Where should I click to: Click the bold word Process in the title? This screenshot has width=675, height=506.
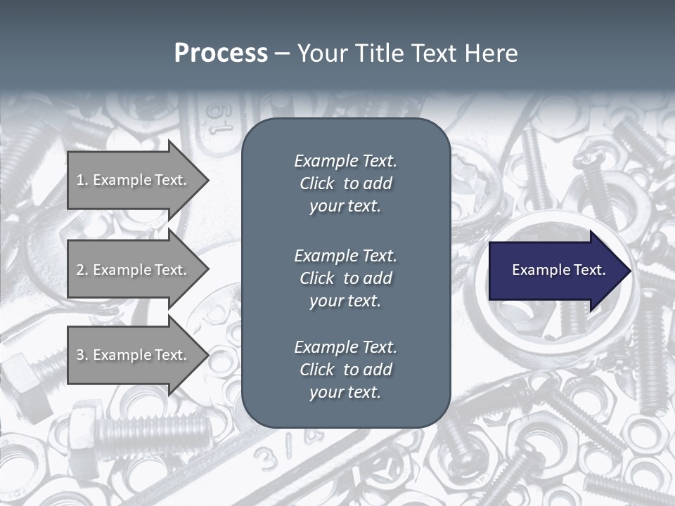click(221, 53)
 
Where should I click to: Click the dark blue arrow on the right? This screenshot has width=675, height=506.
click(555, 271)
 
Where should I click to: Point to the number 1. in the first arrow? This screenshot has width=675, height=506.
click(82, 180)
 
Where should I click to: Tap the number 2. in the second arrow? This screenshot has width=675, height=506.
click(82, 270)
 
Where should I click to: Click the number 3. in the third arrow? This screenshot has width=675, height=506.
click(82, 355)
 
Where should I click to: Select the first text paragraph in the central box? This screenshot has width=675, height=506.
click(345, 183)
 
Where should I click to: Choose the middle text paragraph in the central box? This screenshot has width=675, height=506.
click(345, 278)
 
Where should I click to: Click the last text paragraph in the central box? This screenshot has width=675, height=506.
click(345, 370)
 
